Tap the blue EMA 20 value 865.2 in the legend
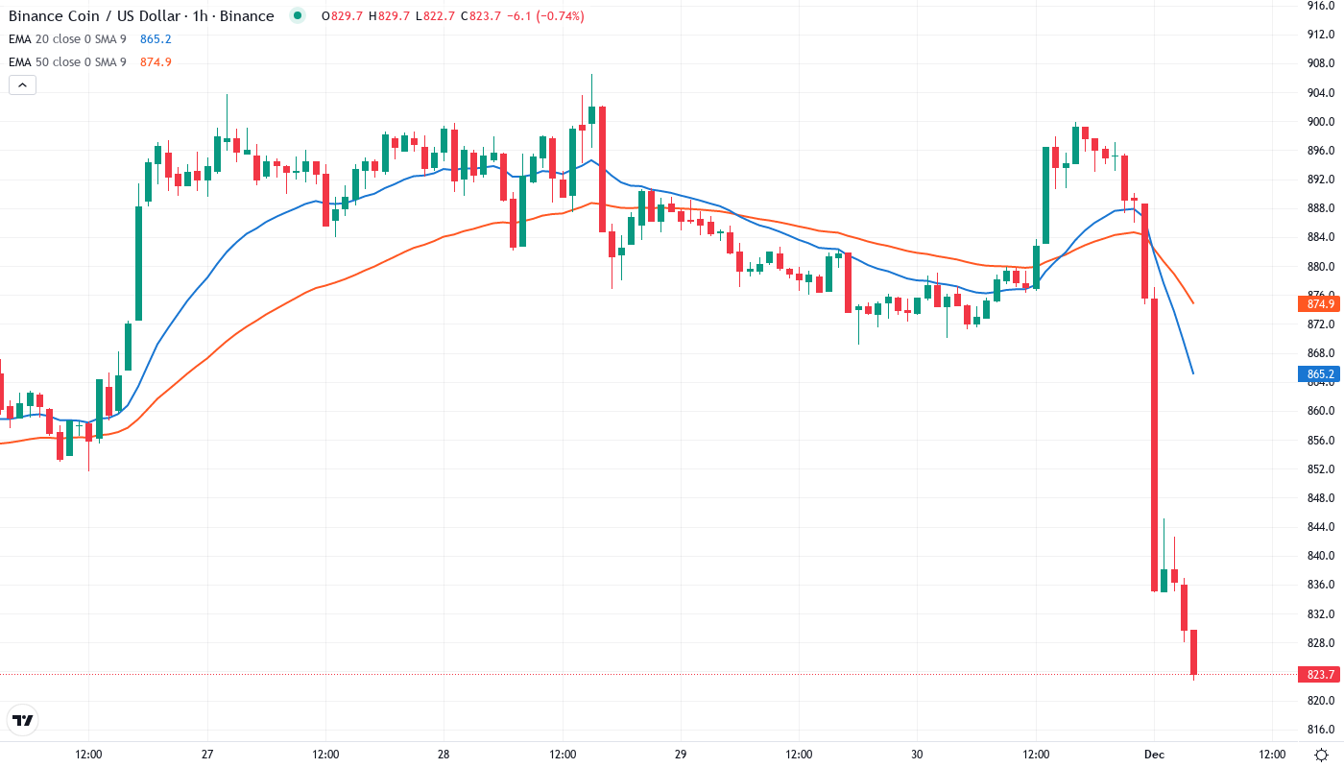click(x=155, y=39)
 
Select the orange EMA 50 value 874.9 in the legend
click(x=156, y=62)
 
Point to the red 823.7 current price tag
click(x=1320, y=675)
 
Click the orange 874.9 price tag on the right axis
click(x=1320, y=304)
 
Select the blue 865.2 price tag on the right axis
click(x=1320, y=374)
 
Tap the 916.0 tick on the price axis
click(x=1322, y=6)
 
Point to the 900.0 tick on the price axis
click(x=1322, y=122)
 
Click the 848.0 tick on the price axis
click(x=1322, y=498)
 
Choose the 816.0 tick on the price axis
click(x=1322, y=730)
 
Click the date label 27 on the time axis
click(x=207, y=755)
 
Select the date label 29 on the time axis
click(x=681, y=755)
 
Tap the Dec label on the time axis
click(x=1154, y=755)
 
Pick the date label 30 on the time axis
click(x=918, y=755)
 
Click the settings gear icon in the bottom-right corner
click(x=1321, y=755)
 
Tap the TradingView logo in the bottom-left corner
click(x=23, y=720)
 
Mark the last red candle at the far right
click(x=1194, y=653)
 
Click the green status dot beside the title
click(x=298, y=16)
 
